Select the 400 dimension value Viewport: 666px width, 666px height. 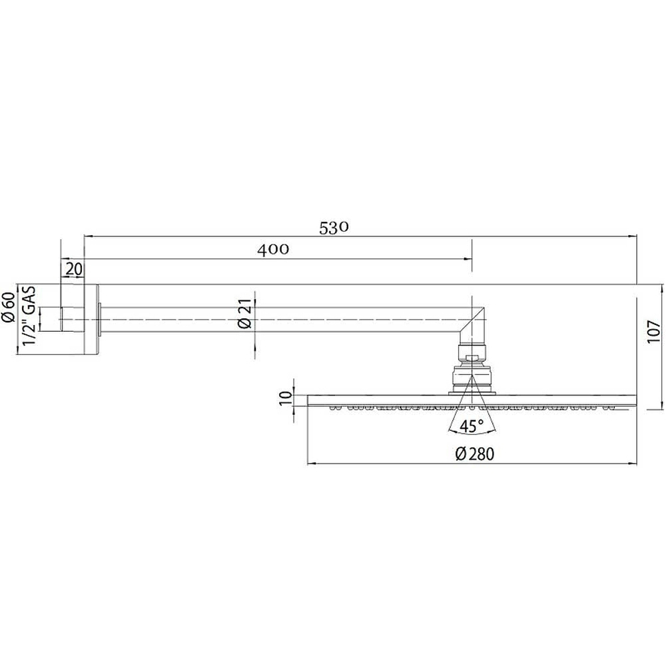click(273, 250)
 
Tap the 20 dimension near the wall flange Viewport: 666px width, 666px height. click(75, 269)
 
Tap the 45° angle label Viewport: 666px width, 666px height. click(472, 427)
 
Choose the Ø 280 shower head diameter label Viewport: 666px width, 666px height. click(475, 454)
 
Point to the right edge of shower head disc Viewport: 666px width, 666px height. click(635, 400)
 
